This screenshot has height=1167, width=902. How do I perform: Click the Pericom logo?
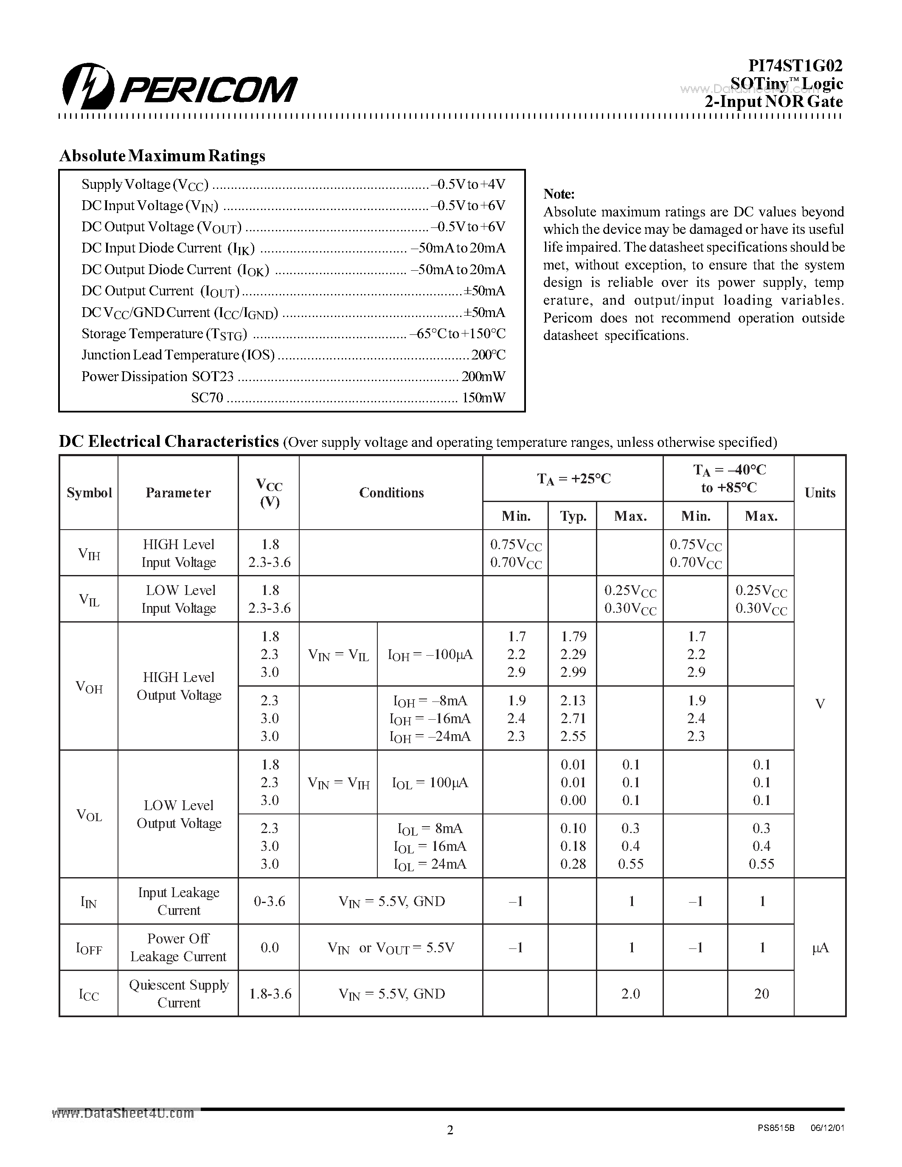tap(179, 87)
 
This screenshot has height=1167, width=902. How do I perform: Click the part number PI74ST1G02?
tap(795, 65)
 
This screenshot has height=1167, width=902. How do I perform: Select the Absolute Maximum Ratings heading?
tap(162, 155)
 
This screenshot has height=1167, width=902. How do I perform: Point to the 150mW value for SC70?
tap(483, 398)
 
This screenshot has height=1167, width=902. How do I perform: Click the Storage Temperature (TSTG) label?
tap(164, 334)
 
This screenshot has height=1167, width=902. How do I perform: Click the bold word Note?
tap(559, 194)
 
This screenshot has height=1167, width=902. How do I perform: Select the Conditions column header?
tap(391, 493)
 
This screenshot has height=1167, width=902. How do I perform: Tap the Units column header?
tap(819, 493)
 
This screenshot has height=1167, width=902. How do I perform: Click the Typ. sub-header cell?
tap(573, 516)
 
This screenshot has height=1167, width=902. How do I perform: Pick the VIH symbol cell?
tap(89, 553)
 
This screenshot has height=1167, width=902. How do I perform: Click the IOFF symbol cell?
tap(89, 948)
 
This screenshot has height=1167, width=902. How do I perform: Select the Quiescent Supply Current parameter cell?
tap(178, 993)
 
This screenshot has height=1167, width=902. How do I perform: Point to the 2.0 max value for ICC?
tap(630, 993)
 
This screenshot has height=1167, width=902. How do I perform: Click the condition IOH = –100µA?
tap(430, 654)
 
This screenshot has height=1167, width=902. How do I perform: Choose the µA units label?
tap(820, 948)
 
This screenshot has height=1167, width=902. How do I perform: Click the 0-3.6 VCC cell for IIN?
tap(269, 901)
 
